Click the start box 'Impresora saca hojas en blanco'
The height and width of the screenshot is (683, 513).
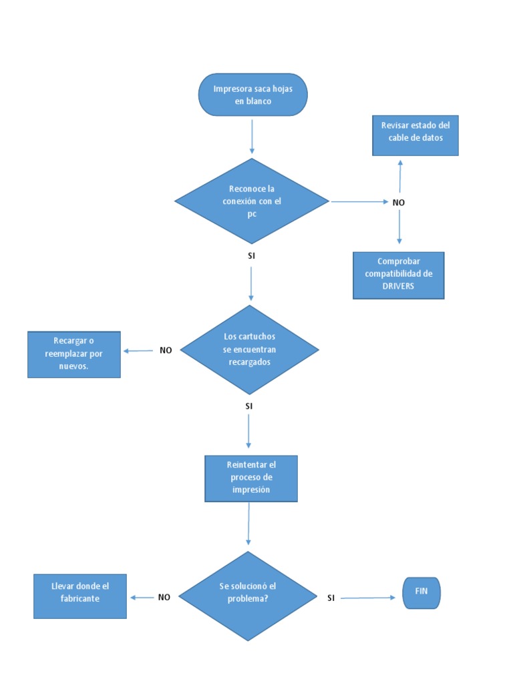coord(252,95)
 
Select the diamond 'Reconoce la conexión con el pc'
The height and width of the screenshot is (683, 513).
coord(252,201)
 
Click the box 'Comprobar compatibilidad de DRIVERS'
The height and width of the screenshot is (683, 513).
coord(398,275)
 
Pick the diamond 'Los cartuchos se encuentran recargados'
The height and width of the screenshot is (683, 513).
coord(249,350)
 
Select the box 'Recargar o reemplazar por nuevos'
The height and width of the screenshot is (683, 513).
coord(73,354)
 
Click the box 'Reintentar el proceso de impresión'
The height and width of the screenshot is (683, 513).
coord(250,478)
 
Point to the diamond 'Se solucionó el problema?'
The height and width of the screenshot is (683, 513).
coord(248,596)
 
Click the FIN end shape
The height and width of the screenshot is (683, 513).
coord(421,592)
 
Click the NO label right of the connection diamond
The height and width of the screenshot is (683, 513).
coord(399,202)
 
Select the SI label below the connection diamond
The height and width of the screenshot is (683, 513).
coord(251,255)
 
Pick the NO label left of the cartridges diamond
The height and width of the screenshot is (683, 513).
coord(166,350)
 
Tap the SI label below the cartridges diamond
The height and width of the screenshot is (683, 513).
coord(248,406)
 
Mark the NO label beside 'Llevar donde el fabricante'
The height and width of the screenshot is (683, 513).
coord(164,598)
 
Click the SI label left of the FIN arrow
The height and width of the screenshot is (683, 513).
coord(331,598)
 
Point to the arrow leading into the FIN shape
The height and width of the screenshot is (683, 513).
coord(367,598)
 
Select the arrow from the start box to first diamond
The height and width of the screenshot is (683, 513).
coord(252,137)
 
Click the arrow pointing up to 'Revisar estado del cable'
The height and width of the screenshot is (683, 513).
coord(400,177)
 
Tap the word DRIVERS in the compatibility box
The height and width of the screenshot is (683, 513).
coord(398,286)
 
